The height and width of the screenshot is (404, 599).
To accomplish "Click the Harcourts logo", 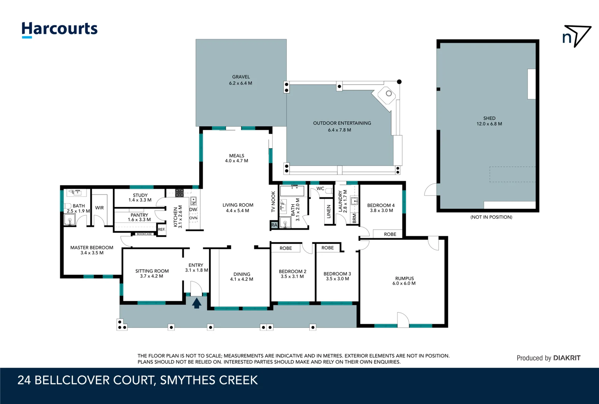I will pyautogui.click(x=59, y=30).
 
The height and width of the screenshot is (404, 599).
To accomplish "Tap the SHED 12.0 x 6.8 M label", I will pyautogui.click(x=489, y=121).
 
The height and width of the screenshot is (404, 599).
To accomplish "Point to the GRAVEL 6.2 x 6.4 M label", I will pyautogui.click(x=241, y=80).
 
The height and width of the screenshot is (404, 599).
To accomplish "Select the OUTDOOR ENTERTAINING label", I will pyautogui.click(x=342, y=123).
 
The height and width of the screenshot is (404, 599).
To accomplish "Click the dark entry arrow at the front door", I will pyautogui.click(x=197, y=303).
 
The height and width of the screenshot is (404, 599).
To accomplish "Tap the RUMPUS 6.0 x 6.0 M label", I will pyautogui.click(x=404, y=281).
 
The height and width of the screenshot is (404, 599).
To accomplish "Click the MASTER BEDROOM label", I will pyautogui.click(x=92, y=248).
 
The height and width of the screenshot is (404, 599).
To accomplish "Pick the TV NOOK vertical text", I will pyautogui.click(x=273, y=202).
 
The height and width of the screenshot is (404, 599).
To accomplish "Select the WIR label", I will pyautogui.click(x=99, y=208).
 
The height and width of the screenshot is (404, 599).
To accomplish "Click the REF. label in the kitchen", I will pyautogui.click(x=161, y=229).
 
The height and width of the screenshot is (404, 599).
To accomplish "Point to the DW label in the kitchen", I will pyautogui.click(x=193, y=209).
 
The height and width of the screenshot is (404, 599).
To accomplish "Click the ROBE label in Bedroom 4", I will pyautogui.click(x=390, y=234).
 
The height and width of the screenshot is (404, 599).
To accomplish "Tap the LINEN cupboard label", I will pyautogui.click(x=329, y=212).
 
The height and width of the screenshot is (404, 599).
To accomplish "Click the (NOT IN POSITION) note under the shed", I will pyautogui.click(x=491, y=217).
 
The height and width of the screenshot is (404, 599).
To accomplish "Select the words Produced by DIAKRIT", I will pyautogui.click(x=548, y=358).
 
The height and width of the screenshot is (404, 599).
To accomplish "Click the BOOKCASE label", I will pyautogui.click(x=144, y=234).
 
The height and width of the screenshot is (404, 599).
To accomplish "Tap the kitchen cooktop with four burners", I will pyautogui.click(x=179, y=193).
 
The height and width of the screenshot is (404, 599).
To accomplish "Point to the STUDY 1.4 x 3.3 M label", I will pyautogui.click(x=140, y=198).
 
